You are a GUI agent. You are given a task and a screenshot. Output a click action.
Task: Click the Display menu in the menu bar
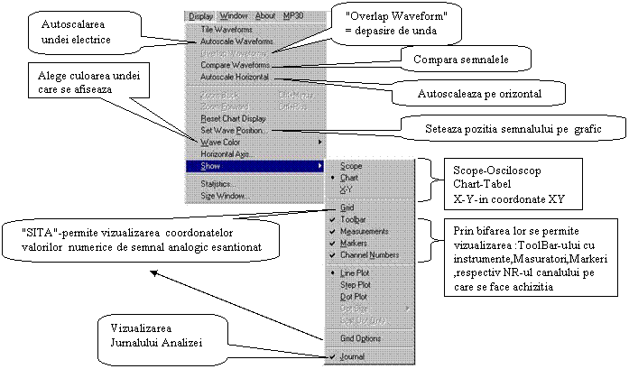click(x=203, y=15)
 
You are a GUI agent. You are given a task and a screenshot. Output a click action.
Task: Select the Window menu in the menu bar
click(x=234, y=15)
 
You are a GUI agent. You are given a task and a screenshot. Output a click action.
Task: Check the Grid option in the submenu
click(x=347, y=207)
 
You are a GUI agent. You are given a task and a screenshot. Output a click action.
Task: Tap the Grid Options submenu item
click(x=359, y=337)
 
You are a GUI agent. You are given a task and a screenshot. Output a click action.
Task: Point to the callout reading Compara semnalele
click(x=460, y=60)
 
